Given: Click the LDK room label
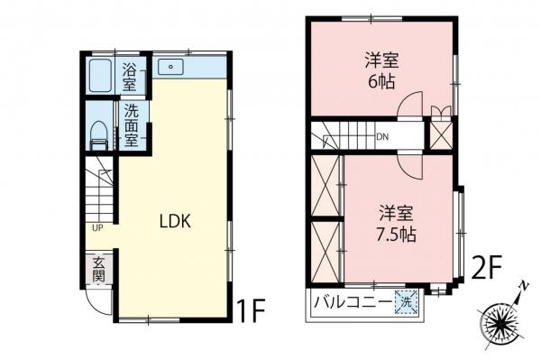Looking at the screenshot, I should [x=174, y=220].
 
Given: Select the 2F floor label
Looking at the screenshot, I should [x=488, y=267].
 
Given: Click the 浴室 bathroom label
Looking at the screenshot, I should [x=130, y=77].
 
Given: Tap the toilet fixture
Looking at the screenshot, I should [x=99, y=136].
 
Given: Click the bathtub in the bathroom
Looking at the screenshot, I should [x=100, y=77].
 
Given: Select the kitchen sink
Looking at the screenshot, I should [x=170, y=68].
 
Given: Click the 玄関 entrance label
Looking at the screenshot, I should [x=98, y=268].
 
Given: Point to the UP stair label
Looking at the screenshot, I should [x=95, y=226].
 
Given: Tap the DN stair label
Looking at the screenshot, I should [x=382, y=138].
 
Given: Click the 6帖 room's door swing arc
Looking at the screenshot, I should [x=411, y=105].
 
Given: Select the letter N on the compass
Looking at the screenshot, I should [x=523, y=286].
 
